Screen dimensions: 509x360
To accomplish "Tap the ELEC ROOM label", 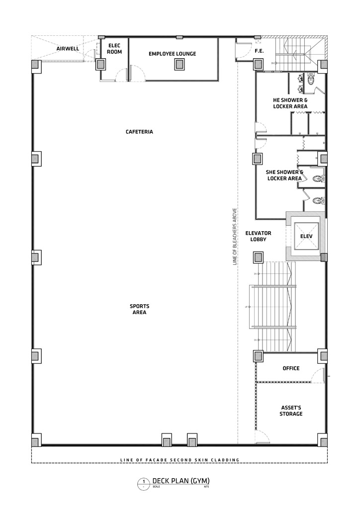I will click(114, 48).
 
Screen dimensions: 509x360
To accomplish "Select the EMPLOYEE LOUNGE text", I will click(173, 54).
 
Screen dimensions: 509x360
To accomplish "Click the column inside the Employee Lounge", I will click(178, 65).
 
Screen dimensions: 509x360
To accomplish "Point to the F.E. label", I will click(259, 51).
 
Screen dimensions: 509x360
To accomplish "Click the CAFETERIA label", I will click(139, 132).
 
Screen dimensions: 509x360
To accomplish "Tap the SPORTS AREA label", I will click(139, 309).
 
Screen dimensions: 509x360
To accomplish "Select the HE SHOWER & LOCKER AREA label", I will click(290, 103).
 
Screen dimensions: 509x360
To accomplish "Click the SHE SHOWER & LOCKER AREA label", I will click(284, 175).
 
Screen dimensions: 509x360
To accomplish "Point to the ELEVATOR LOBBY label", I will click(258, 236).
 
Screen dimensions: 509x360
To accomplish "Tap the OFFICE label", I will click(291, 368).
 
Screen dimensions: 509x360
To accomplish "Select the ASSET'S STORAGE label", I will click(291, 410).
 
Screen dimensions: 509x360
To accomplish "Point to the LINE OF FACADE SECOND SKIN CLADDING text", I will click(180, 460).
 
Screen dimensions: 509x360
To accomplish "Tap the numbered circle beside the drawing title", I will click(144, 482).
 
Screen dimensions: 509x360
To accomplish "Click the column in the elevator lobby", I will click(259, 257).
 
